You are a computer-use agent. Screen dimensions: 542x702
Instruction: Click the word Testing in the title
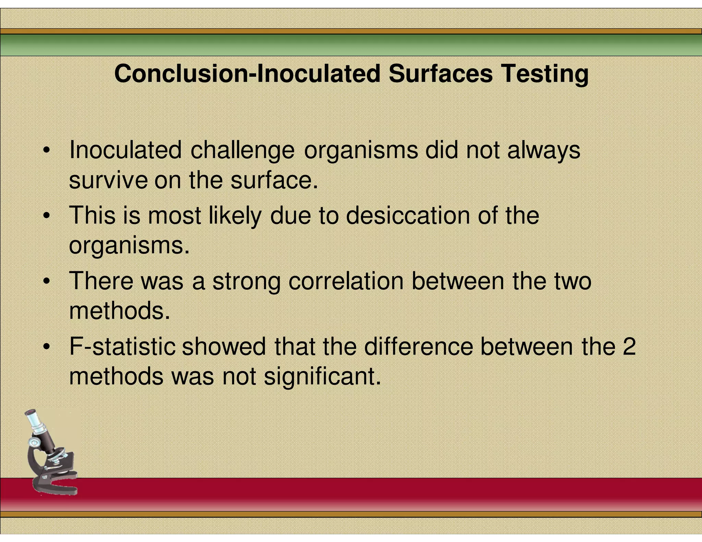coord(545,74)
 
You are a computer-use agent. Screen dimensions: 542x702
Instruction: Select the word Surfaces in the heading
coord(440,74)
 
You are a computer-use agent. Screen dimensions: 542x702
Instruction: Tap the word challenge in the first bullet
coord(242,150)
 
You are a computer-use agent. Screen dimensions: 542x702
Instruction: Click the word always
coord(544,150)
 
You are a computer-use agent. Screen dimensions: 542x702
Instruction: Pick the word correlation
coord(346,281)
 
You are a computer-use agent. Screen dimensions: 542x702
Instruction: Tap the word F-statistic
coord(122,346)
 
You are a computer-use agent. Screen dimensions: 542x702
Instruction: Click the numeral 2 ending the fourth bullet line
coord(629,346)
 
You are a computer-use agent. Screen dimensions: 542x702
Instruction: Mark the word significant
coord(322,377)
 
